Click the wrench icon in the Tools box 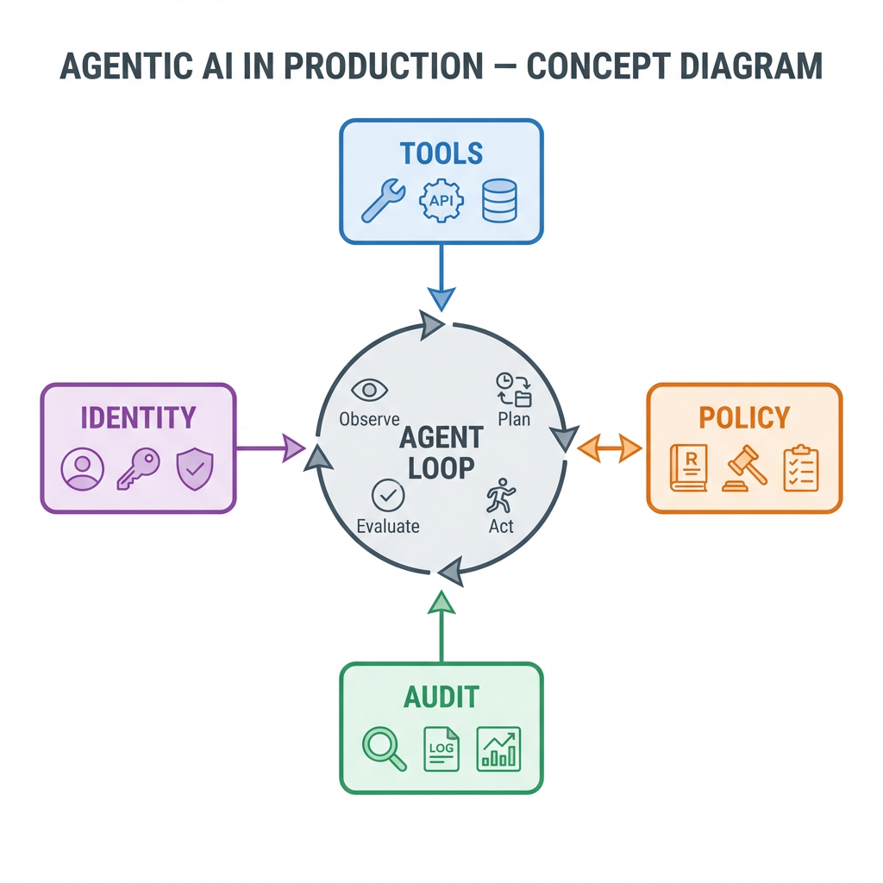pyautogui.click(x=384, y=200)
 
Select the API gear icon pyautogui.click(x=441, y=200)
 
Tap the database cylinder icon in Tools pyautogui.click(x=499, y=200)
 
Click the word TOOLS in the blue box pyautogui.click(x=441, y=154)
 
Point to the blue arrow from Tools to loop pyautogui.click(x=441, y=276)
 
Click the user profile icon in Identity pyautogui.click(x=83, y=469)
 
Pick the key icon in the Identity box pyautogui.click(x=138, y=469)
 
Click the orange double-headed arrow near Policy pyautogui.click(x=609, y=448)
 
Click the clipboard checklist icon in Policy pyautogui.click(x=801, y=468)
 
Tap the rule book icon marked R pyautogui.click(x=689, y=468)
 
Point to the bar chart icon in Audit pyautogui.click(x=499, y=748)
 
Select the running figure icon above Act pyautogui.click(x=500, y=497)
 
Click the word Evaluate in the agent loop pyautogui.click(x=388, y=526)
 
